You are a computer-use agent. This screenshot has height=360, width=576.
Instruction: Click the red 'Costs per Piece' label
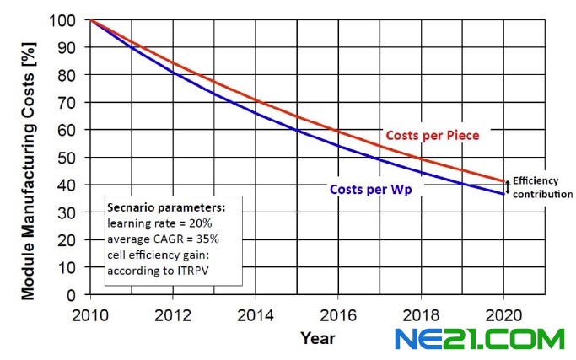pyautogui.click(x=432, y=135)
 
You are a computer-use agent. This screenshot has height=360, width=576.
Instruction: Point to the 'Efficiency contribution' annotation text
pyautogui.click(x=542, y=188)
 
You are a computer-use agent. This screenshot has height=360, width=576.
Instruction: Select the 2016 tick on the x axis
pyautogui.click(x=336, y=312)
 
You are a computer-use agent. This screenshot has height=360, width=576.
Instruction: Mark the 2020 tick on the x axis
pyautogui.click(x=504, y=312)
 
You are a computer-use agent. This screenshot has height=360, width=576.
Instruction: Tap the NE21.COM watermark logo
pyautogui.click(x=480, y=340)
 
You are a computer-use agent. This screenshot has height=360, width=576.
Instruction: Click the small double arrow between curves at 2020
pyautogui.click(x=507, y=187)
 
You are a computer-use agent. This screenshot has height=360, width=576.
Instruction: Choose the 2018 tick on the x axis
pyautogui.click(x=421, y=312)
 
